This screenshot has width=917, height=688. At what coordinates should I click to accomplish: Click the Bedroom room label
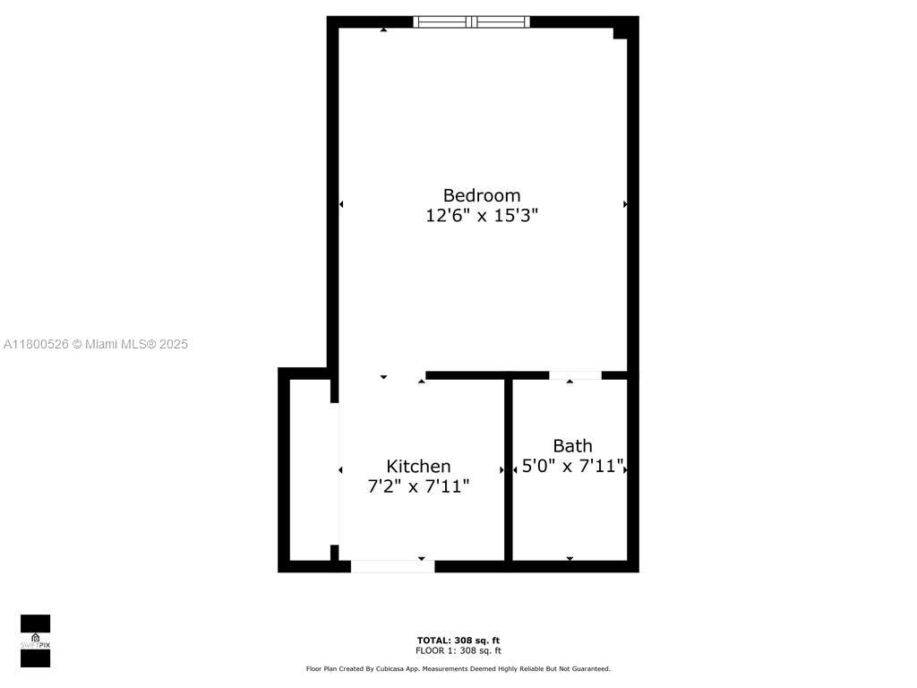pyautogui.click(x=482, y=195)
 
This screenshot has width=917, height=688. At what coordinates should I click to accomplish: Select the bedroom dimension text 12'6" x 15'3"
pyautogui.click(x=482, y=216)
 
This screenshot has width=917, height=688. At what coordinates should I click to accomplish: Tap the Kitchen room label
pyautogui.click(x=418, y=466)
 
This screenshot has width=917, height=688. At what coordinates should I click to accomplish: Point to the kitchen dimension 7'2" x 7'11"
pyautogui.click(x=418, y=486)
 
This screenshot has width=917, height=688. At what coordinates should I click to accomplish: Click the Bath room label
pyautogui.click(x=572, y=445)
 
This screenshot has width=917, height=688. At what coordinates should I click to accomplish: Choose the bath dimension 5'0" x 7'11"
pyautogui.click(x=572, y=466)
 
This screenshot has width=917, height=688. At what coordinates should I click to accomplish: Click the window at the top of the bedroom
pyautogui.click(x=471, y=22)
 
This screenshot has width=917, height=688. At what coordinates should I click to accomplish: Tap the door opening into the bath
pyautogui.click(x=575, y=375)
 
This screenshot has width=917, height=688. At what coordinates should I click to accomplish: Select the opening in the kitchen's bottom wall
pyautogui.click(x=392, y=566)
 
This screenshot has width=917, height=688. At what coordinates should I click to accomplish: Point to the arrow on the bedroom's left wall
pyautogui.click(x=341, y=204)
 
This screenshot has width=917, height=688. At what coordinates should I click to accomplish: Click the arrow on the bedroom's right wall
pyautogui.click(x=625, y=204)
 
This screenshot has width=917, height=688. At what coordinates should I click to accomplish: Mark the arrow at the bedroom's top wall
pyautogui.click(x=384, y=30)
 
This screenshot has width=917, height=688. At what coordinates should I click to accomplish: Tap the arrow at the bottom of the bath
pyautogui.click(x=570, y=559)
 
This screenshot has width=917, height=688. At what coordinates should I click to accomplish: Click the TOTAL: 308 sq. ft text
pyautogui.click(x=458, y=641)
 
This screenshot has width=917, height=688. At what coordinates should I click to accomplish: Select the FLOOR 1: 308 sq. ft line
pyautogui.click(x=458, y=651)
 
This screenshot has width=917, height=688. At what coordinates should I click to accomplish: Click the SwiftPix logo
pyautogui.click(x=35, y=641)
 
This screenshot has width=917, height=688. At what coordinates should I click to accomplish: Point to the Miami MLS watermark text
pyautogui.click(x=96, y=344)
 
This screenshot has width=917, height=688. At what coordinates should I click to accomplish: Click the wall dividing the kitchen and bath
pyautogui.click(x=508, y=469)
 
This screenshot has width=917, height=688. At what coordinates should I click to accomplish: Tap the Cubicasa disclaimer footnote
pyautogui.click(x=458, y=669)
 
